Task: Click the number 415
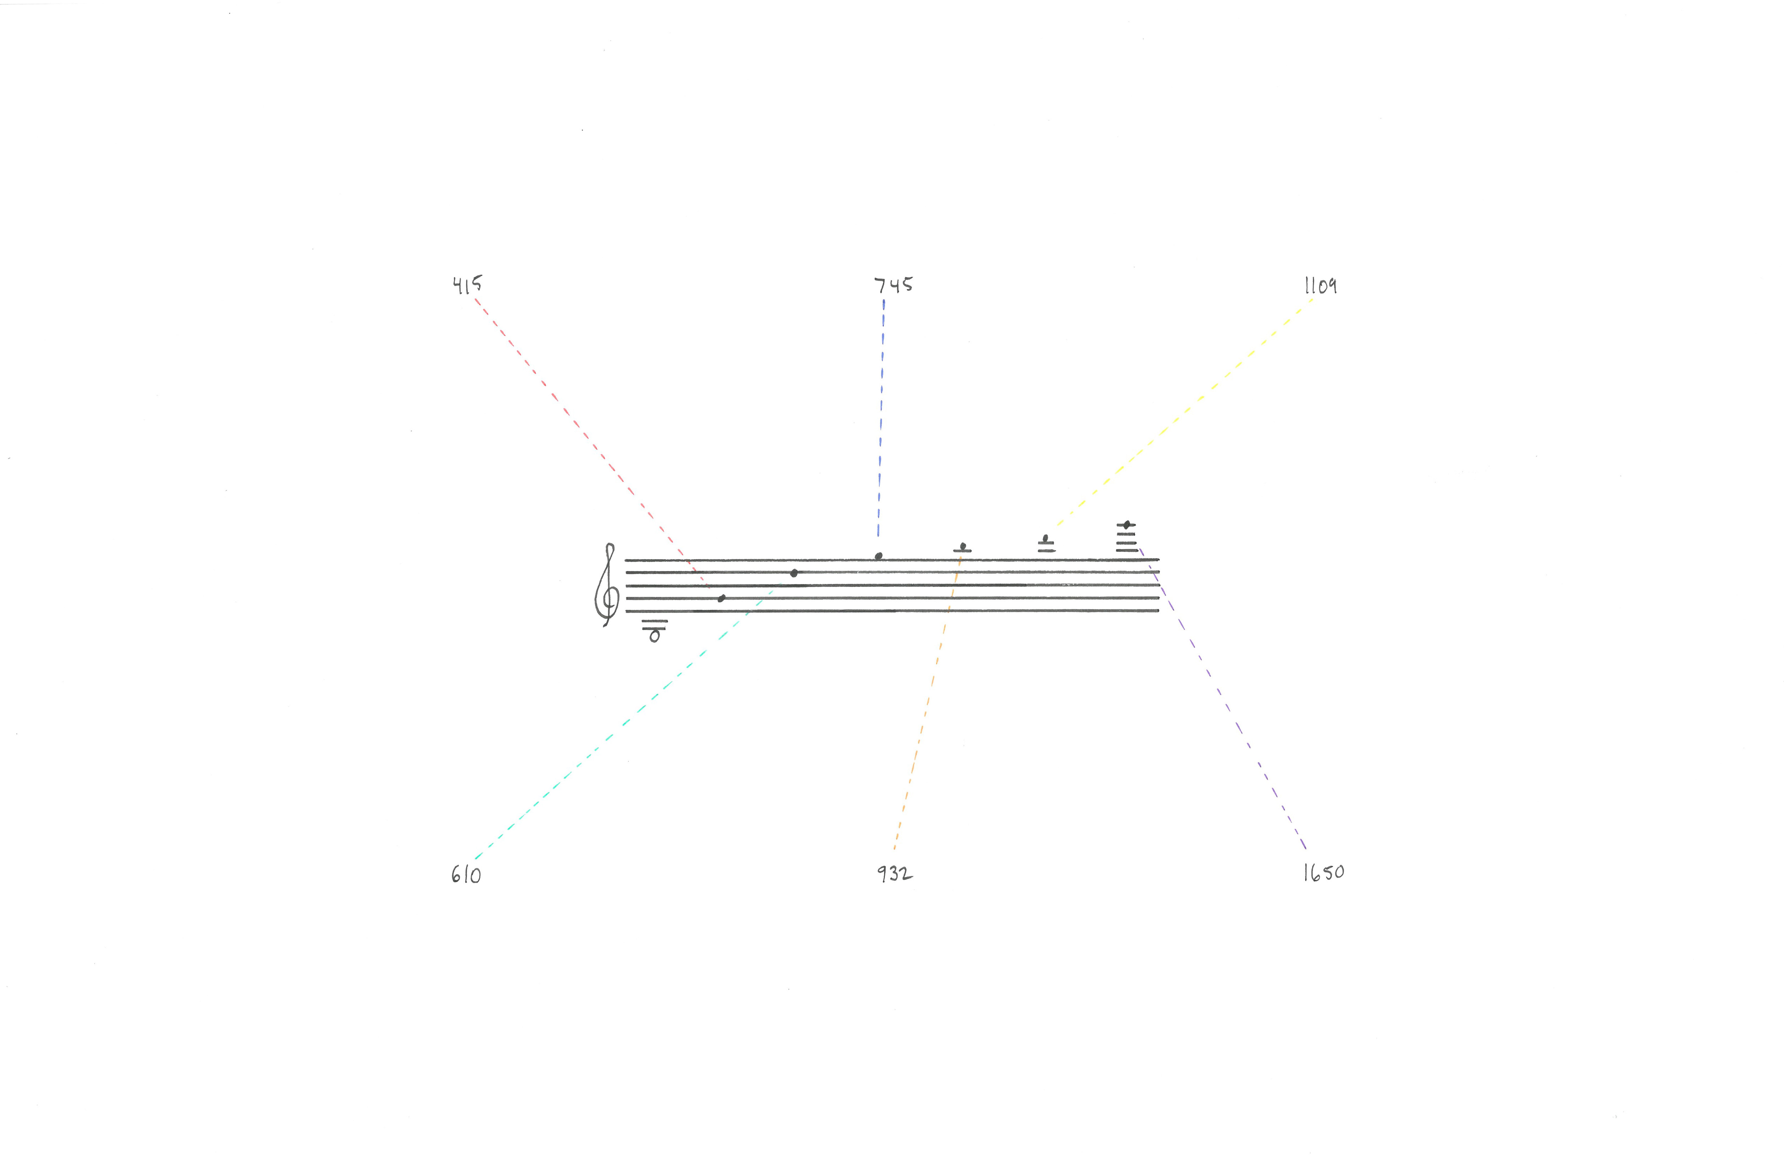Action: pyautogui.click(x=467, y=285)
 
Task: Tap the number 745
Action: pyautogui.click(x=894, y=285)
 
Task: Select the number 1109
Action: pyautogui.click(x=1320, y=286)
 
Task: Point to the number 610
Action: pyautogui.click(x=466, y=875)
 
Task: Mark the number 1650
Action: pyautogui.click(x=1323, y=872)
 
